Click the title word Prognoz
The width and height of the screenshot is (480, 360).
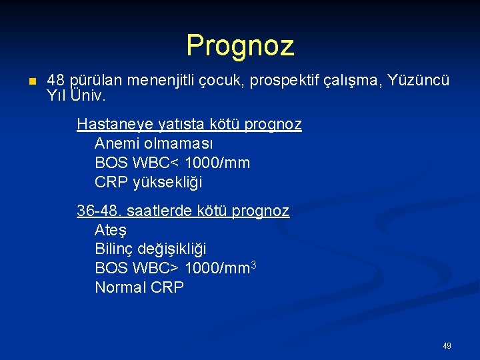pos(240,45)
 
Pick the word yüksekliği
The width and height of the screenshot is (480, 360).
pos(167,182)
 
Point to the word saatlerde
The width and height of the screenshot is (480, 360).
pos(156,211)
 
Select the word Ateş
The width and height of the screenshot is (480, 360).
pos(111,230)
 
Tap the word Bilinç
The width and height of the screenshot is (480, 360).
pos(114,249)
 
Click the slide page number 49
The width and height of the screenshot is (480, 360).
pos(447,346)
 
